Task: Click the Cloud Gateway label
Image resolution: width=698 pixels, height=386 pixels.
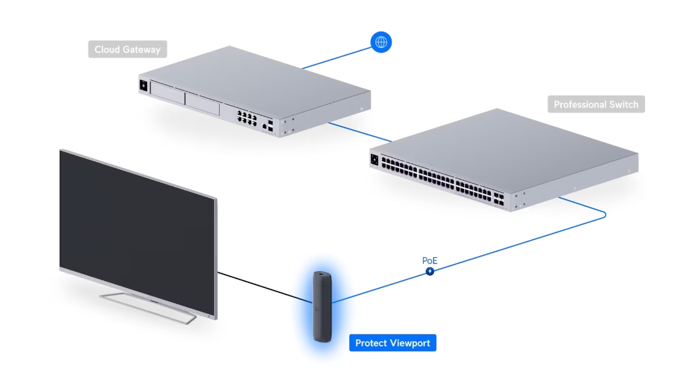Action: (128, 49)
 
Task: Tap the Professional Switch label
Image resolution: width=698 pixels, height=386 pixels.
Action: (596, 104)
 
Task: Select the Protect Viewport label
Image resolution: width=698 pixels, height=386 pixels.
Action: (392, 343)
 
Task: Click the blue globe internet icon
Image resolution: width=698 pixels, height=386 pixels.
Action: (381, 42)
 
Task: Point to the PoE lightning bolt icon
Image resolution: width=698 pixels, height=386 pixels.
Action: (430, 271)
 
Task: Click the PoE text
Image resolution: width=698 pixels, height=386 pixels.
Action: (430, 260)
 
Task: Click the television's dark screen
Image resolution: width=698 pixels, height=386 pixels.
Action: (133, 221)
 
